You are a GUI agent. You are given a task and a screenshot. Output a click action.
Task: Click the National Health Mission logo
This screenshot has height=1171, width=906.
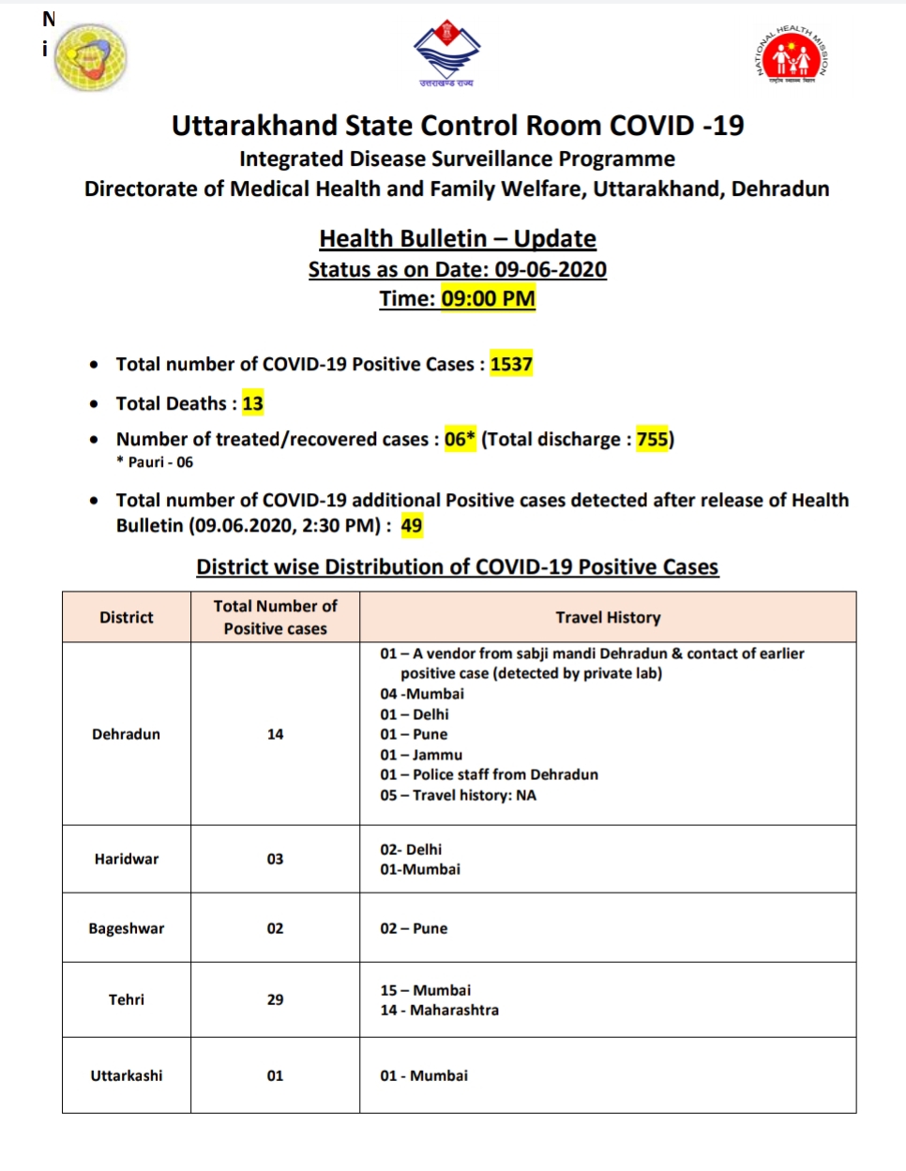point(793,54)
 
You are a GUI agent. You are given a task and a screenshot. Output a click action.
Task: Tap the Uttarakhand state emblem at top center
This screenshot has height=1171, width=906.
point(446,53)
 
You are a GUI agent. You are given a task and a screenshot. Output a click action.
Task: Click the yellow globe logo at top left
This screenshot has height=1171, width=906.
point(90,57)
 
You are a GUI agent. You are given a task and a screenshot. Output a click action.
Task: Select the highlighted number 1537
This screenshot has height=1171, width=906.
point(511,364)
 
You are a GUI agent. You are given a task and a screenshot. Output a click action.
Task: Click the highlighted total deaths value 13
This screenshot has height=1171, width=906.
point(253,403)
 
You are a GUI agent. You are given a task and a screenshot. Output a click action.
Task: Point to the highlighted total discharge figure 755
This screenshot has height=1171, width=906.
point(653,439)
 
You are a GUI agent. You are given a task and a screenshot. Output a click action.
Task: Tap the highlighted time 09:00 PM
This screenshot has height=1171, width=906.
point(488,299)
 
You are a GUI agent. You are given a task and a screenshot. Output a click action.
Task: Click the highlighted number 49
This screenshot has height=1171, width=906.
point(412,525)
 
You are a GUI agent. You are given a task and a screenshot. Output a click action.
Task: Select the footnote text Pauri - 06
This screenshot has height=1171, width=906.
point(159,462)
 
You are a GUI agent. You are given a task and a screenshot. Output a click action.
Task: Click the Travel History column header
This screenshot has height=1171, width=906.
point(608,617)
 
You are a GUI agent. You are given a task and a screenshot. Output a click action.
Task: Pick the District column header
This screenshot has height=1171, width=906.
point(127,617)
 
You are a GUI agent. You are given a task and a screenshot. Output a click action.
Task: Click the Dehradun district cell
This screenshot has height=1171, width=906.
point(127,734)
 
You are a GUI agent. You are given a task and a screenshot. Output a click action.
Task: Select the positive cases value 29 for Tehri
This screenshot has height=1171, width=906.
point(275,999)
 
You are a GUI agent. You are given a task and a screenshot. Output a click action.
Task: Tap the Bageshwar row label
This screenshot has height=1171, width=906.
point(127,928)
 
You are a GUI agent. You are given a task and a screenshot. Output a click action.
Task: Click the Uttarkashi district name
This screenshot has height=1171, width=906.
point(127,1075)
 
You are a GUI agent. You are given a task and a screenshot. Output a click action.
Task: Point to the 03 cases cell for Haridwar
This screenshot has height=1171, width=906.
point(275,859)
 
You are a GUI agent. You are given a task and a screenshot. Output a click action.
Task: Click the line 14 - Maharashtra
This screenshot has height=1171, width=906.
point(439,1010)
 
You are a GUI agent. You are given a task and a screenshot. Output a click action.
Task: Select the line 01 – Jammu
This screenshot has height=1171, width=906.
point(421,755)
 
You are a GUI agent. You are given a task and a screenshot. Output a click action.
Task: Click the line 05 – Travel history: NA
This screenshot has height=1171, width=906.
point(458,795)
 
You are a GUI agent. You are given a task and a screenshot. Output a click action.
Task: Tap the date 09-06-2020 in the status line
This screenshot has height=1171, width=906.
point(551,269)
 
